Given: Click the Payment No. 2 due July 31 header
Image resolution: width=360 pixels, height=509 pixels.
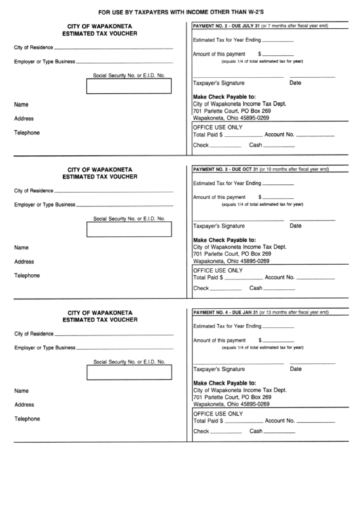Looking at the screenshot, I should coord(261,25).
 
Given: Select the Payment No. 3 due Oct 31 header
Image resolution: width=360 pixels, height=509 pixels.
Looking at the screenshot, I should coord(261,169).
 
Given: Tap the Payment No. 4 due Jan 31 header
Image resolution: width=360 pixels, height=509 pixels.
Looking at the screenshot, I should coord(261,312).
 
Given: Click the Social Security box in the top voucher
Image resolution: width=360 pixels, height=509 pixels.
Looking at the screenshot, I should coord(129,86).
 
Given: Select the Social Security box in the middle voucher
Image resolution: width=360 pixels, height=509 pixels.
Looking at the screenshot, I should coord(129,230).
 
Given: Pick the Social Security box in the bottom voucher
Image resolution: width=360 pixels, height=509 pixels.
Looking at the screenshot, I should coord(129,372).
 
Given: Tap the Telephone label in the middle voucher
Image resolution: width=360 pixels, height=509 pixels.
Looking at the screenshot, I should coord(27,276).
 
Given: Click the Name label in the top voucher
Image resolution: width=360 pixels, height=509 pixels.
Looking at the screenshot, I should coord(22,105).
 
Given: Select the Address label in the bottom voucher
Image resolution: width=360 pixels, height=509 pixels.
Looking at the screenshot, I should coord(24,405).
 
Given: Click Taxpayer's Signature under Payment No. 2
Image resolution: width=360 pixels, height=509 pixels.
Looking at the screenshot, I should coord(219,83).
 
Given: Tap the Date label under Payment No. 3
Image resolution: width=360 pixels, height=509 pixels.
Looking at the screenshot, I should coord(295,226).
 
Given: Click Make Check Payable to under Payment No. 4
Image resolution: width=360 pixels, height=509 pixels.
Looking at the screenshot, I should coord(225,383).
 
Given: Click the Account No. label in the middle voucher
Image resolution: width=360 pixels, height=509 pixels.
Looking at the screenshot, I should coord(279,277).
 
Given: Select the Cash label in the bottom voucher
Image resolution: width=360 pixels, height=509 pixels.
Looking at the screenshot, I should coord(256,432).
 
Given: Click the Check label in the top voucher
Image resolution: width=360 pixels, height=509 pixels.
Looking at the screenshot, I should coord(200,145).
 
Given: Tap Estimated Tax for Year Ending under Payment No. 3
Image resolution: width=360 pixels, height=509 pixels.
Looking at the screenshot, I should coord(227,183).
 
